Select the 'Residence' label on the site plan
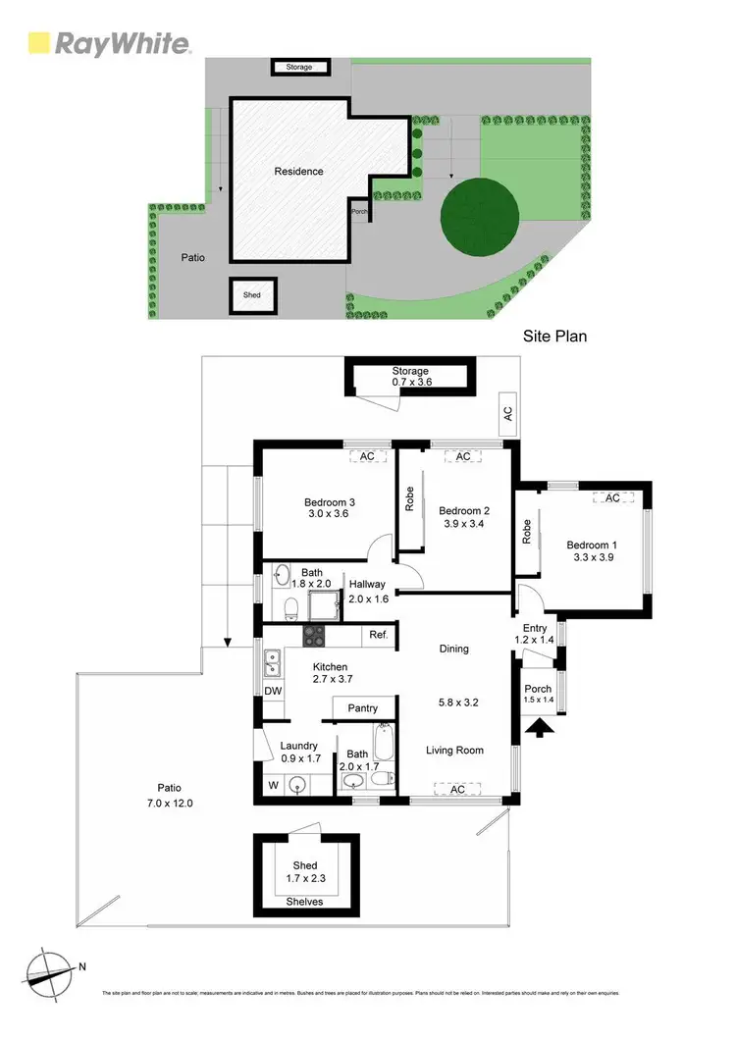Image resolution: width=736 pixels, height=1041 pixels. [298, 171]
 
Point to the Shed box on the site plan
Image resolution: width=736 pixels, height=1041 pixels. [253, 295]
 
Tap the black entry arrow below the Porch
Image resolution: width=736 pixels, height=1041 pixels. [539, 728]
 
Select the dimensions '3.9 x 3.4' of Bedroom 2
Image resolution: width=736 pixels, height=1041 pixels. [464, 525]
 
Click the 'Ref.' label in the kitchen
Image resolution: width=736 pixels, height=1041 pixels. [379, 636]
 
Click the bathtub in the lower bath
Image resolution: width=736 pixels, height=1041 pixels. [384, 745]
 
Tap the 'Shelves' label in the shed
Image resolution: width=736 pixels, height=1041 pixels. [303, 902]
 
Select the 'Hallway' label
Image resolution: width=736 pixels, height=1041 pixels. [369, 584]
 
